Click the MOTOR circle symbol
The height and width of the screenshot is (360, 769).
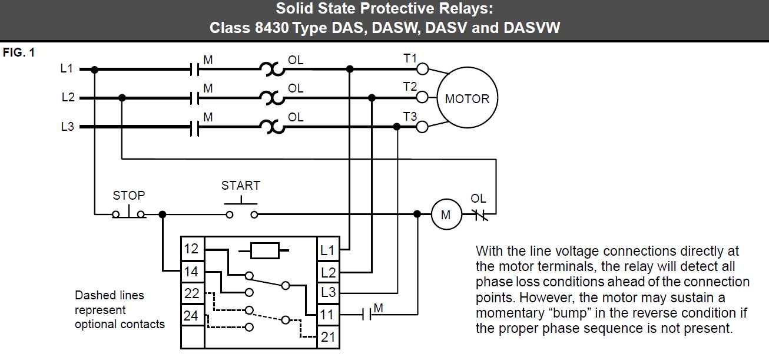[x=467, y=98]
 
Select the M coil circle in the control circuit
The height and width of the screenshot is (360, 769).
[x=446, y=215]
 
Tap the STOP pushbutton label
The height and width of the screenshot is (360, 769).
[x=128, y=195]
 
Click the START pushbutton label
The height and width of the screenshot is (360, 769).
[x=240, y=186]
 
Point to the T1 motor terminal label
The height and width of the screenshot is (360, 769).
[x=410, y=58]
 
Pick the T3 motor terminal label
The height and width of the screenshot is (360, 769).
[x=410, y=116]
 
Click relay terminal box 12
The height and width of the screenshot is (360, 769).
[x=191, y=249]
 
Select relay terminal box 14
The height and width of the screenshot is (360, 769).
[x=191, y=271]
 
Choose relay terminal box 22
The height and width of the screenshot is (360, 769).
[x=191, y=293]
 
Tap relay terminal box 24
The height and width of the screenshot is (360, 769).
[x=191, y=315]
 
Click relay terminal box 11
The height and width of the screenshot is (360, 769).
[x=327, y=315]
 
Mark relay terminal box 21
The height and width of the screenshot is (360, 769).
[x=327, y=337]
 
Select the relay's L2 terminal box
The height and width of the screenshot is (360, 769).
[x=327, y=272]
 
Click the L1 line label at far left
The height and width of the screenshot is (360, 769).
[x=67, y=69]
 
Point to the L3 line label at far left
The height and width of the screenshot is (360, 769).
[x=68, y=127]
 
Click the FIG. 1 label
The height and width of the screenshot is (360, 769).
[x=19, y=53]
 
